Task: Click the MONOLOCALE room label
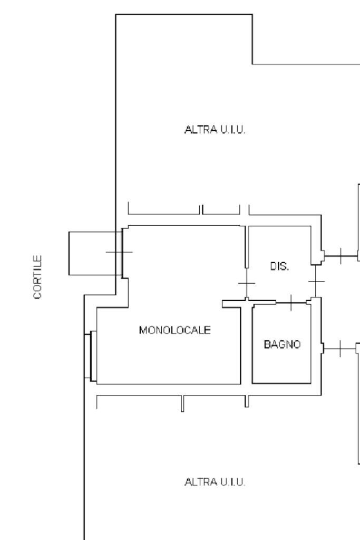(174, 330)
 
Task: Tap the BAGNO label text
(282, 344)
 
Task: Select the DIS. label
(279, 266)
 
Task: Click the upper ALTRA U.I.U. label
(215, 130)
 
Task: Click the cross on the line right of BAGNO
(340, 348)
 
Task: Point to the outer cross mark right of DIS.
(340, 256)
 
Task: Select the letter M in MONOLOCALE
(142, 330)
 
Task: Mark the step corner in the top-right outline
(252, 64)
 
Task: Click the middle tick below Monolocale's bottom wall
(182, 403)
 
